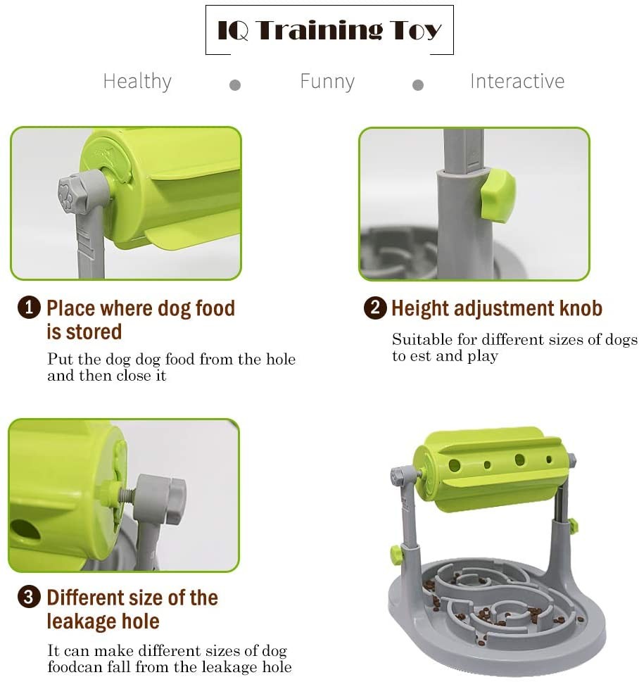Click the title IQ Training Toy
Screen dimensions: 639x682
pyautogui.click(x=329, y=30)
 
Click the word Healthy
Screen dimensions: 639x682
pyautogui.click(x=137, y=82)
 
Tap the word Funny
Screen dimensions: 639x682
pyautogui.click(x=327, y=82)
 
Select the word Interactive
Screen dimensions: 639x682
pyautogui.click(x=517, y=81)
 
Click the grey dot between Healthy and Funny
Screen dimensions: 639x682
pyautogui.click(x=235, y=85)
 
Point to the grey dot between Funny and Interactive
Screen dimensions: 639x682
pyautogui.click(x=418, y=85)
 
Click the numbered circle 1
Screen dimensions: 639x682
pyautogui.click(x=29, y=308)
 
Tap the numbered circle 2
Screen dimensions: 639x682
pyautogui.click(x=375, y=308)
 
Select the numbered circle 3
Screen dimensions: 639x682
pyautogui.click(x=29, y=597)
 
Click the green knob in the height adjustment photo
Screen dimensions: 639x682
pyautogui.click(x=498, y=196)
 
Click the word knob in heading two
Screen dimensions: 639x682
pyautogui.click(x=581, y=308)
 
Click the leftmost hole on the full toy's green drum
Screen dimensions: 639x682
pyautogui.click(x=454, y=465)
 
